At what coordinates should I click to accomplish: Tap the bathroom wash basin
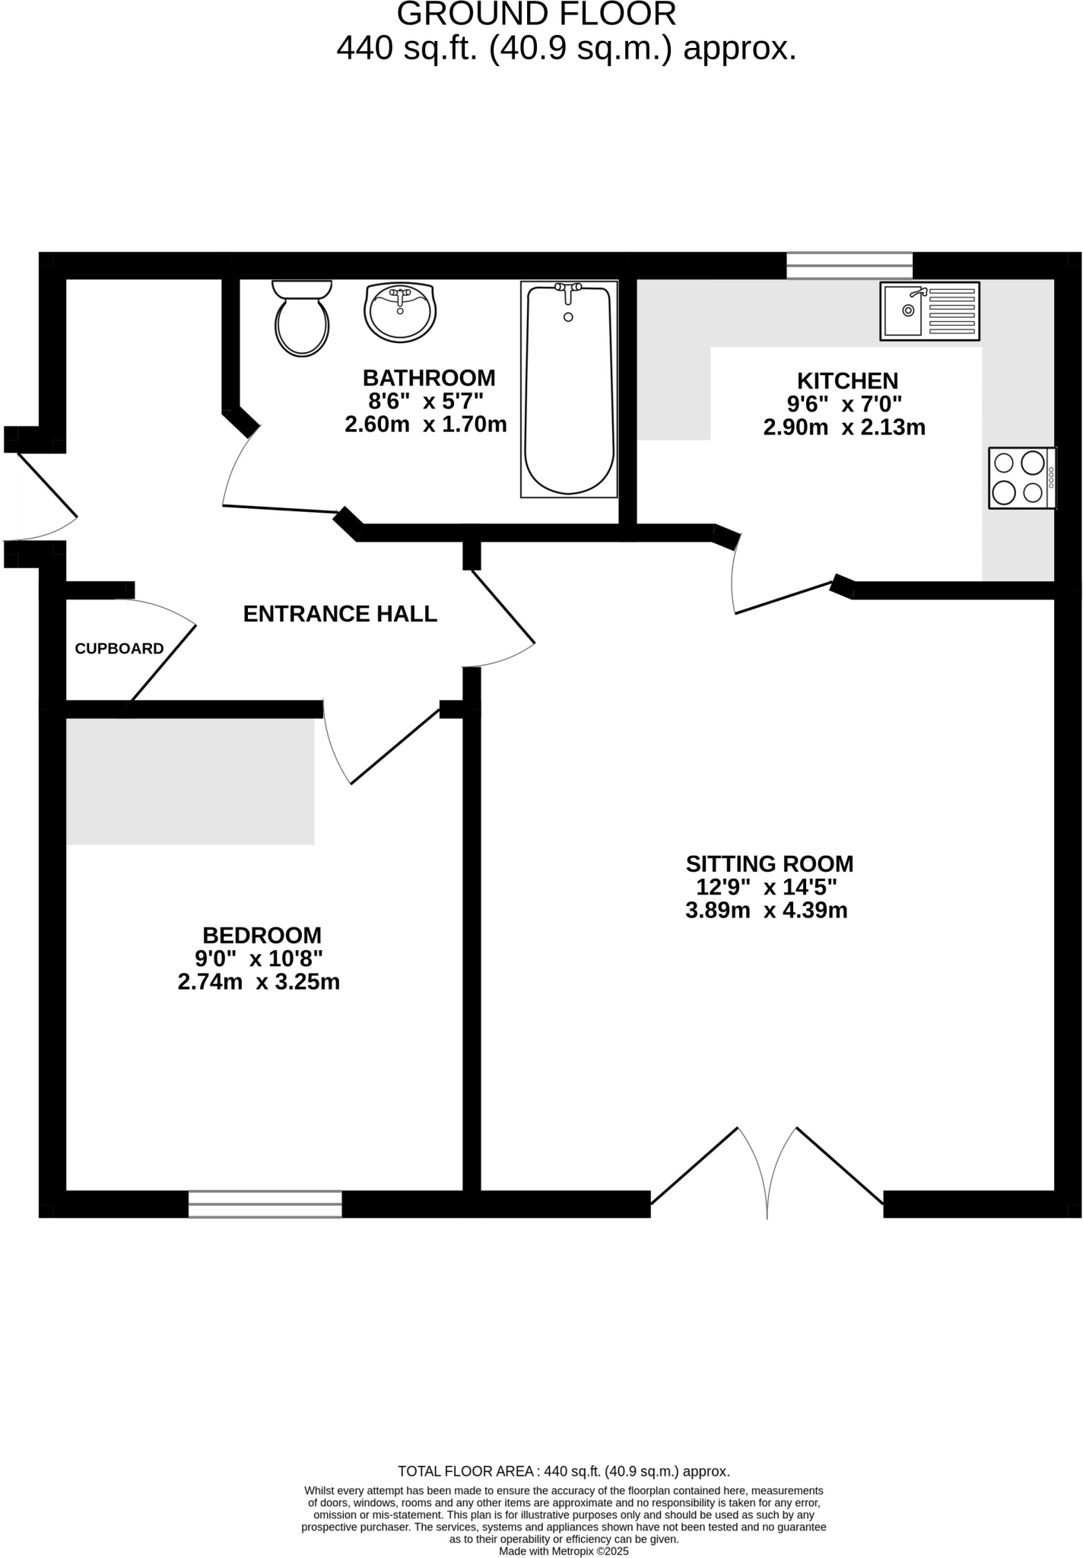(x=400, y=312)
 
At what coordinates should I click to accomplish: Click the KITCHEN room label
(x=847, y=380)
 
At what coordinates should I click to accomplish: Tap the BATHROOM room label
(x=428, y=377)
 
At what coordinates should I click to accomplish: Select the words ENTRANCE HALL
(x=340, y=614)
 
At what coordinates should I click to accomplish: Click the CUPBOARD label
(x=119, y=649)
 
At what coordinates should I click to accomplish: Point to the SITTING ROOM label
(x=769, y=863)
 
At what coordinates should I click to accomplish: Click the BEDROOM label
(x=262, y=935)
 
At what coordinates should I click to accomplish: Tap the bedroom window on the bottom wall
(x=265, y=1203)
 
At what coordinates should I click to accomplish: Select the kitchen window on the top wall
(x=849, y=266)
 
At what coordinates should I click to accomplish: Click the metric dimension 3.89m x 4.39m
(x=766, y=911)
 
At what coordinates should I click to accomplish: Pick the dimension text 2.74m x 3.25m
(x=259, y=982)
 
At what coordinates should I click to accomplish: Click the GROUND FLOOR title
(x=536, y=14)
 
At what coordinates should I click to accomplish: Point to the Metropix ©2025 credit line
(x=564, y=1551)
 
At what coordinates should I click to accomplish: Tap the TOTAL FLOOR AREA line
(x=564, y=1471)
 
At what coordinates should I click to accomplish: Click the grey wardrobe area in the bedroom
(x=190, y=781)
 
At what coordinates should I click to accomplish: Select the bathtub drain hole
(x=568, y=317)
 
